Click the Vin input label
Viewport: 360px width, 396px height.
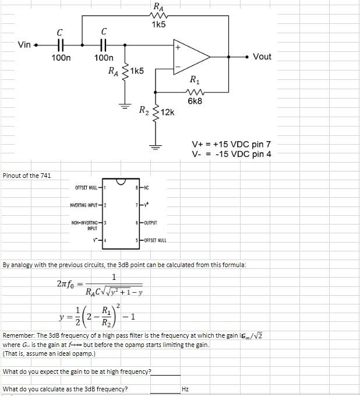click(24, 45)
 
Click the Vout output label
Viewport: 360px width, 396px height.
click(262, 57)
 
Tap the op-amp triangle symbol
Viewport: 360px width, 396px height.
click(190, 57)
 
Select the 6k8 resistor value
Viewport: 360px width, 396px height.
click(195, 101)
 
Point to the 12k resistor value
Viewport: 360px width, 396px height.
click(167, 112)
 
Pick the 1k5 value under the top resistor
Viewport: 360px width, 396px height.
click(158, 24)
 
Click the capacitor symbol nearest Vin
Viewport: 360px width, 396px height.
click(60, 45)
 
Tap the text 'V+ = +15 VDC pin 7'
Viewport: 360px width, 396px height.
click(232, 144)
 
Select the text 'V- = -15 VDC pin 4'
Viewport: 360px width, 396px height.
click(232, 154)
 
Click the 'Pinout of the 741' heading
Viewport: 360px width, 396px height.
click(27, 176)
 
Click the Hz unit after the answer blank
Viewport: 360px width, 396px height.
click(185, 389)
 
